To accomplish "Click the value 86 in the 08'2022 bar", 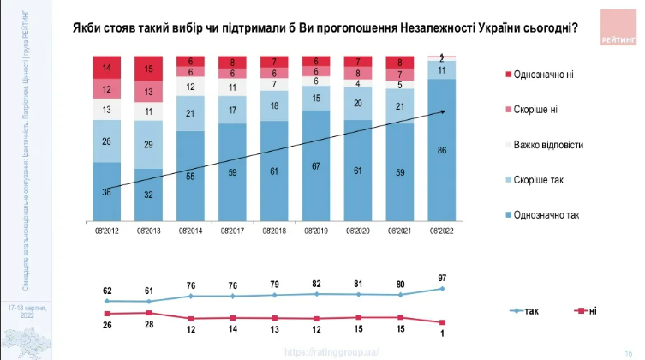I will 442,149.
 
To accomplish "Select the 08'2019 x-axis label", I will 317,231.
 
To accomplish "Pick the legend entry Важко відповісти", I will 547,145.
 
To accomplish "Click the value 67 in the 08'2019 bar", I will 317,165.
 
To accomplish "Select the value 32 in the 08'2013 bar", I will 149,195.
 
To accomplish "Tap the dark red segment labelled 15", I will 149,69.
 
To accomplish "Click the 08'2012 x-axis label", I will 107,231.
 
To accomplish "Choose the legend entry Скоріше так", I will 537,180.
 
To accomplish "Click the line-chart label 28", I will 149,326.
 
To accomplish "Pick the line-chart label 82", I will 317,284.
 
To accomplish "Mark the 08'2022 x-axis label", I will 442,231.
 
